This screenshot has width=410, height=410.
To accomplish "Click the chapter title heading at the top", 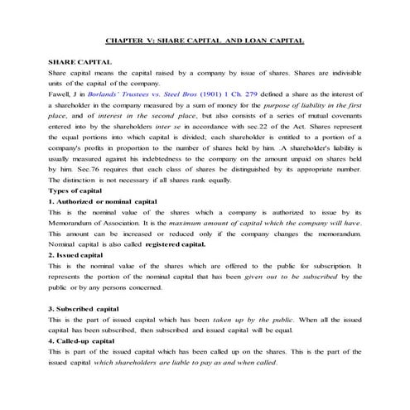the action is tap(205, 39).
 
